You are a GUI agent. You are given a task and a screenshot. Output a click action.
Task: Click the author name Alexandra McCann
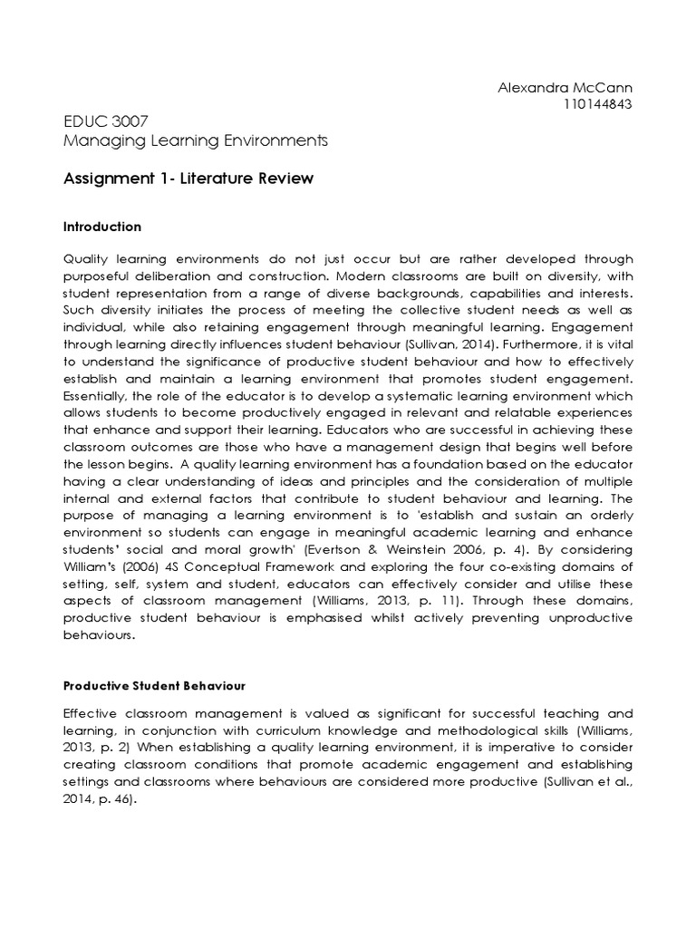pos(565,87)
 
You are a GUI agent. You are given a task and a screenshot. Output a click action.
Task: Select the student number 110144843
pos(597,103)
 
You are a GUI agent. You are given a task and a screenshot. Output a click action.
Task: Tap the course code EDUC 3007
pos(96,121)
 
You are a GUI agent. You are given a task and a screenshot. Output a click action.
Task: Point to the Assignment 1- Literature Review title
pos(188,179)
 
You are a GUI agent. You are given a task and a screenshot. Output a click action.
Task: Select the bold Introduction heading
pos(102,227)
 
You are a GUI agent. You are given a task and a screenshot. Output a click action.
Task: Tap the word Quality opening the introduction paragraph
pos(83,259)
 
